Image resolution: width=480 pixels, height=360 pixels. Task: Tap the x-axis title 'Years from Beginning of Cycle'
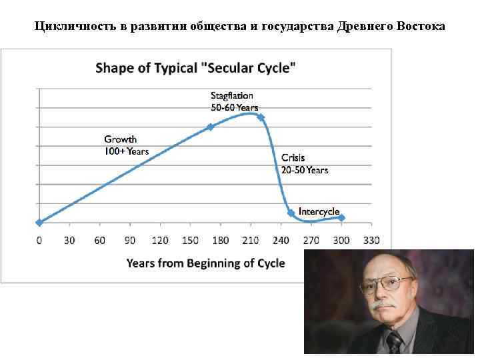click(206, 263)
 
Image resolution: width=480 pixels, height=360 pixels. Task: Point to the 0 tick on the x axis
click(39, 241)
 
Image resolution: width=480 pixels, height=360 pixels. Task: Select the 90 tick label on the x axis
click(130, 241)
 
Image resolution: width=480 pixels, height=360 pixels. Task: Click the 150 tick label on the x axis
click(191, 241)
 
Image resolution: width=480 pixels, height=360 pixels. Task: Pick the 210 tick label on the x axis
click(251, 241)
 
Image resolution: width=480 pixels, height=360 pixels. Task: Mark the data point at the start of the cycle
click(39, 223)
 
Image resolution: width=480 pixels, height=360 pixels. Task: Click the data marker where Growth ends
click(211, 126)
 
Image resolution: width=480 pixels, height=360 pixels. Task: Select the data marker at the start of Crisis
click(261, 117)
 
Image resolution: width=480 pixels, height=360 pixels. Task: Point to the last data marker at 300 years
click(341, 217)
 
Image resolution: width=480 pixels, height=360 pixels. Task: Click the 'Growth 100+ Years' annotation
click(126, 145)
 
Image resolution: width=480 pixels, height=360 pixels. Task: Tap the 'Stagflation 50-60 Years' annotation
click(234, 101)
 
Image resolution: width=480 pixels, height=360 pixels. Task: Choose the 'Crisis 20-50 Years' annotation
click(304, 164)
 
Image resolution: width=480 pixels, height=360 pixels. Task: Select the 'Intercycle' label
click(319, 211)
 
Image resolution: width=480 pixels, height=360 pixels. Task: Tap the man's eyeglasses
click(387, 285)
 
